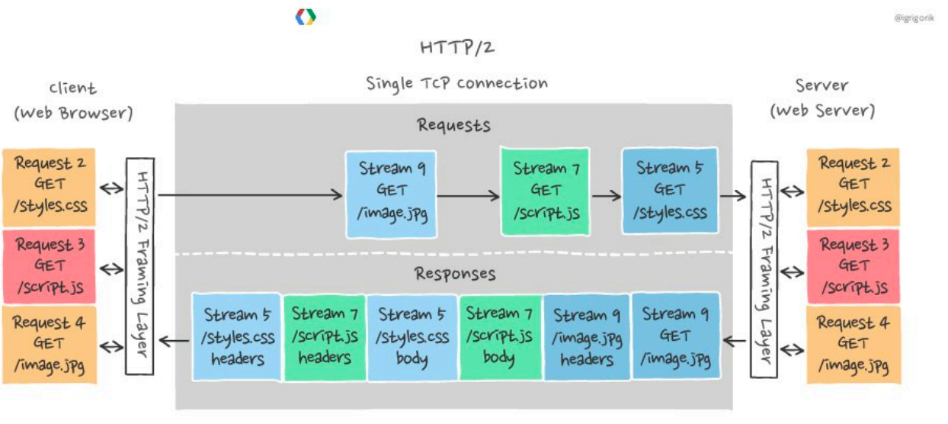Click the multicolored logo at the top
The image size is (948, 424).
306,17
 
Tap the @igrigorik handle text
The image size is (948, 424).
914,16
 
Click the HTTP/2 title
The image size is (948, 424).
457,47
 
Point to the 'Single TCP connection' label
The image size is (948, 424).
456,83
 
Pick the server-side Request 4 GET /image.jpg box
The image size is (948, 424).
854,345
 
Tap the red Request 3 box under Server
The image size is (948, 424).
854,266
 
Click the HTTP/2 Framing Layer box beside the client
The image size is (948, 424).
140,266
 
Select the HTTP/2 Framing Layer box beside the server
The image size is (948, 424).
764,268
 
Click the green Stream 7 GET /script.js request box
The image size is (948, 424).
545,191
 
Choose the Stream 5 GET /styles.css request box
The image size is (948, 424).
670,190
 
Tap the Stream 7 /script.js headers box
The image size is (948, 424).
325,336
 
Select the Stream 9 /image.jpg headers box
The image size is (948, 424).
587,337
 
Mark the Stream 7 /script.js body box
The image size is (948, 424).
500,336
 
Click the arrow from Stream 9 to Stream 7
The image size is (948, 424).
468,195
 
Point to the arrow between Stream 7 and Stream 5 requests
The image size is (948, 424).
606,195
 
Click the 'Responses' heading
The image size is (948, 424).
455,273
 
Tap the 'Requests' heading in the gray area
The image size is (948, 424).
453,125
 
